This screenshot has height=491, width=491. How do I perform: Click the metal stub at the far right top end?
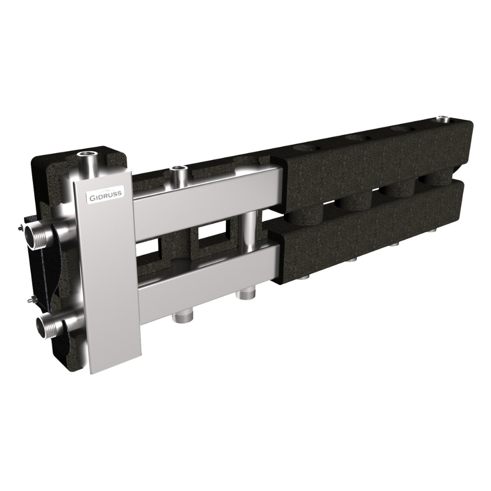[442, 119]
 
